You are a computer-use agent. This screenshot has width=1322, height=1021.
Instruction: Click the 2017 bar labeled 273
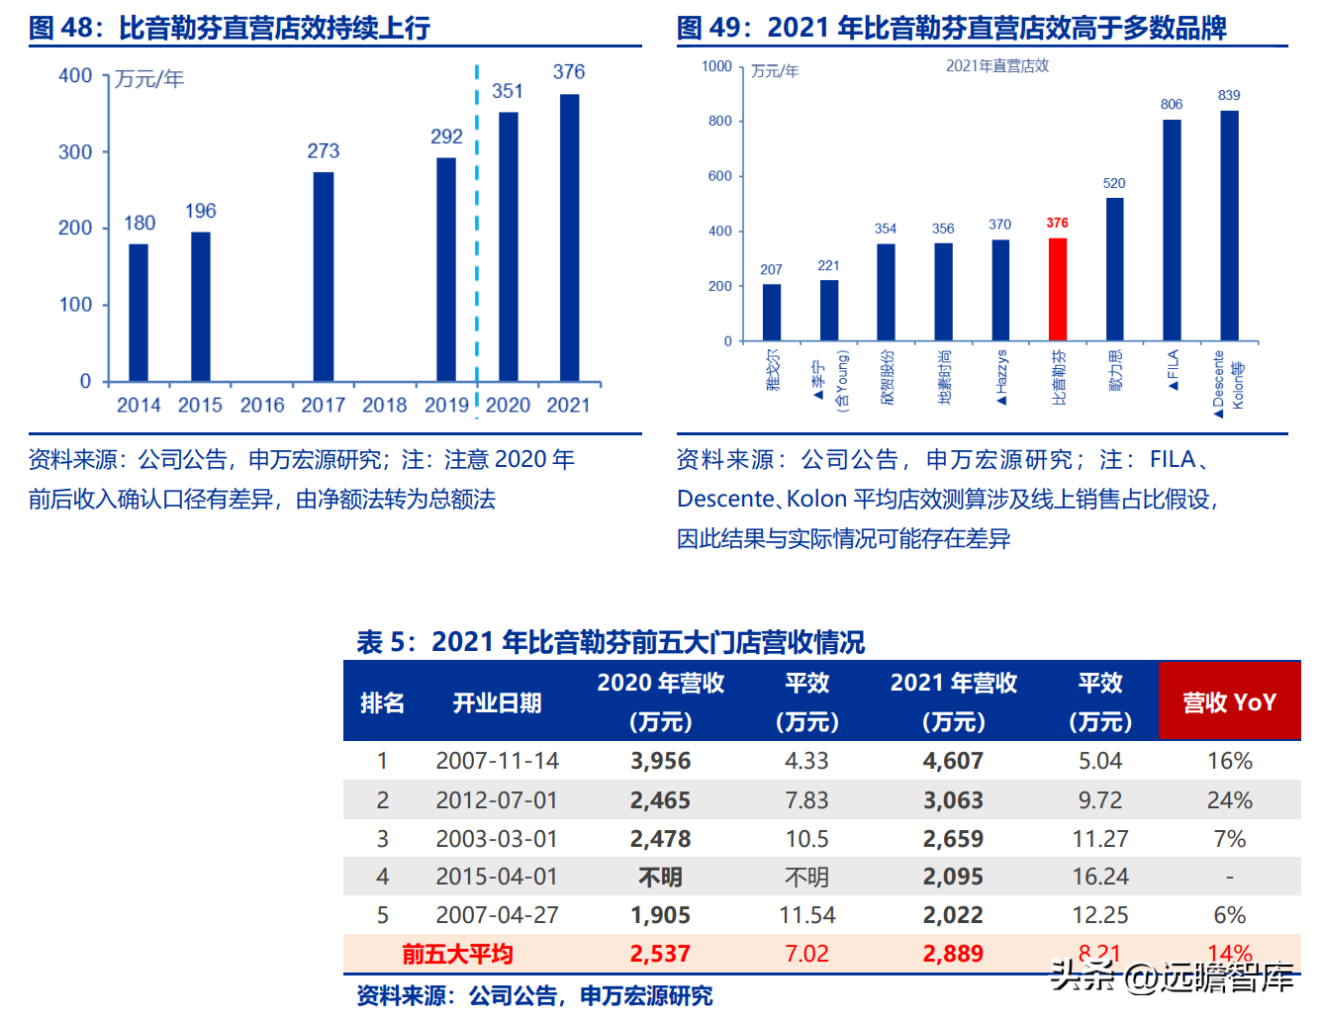[x=324, y=277]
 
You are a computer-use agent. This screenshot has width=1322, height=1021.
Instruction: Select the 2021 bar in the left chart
[x=569, y=237]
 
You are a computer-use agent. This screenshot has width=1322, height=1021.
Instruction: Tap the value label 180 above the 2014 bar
[x=140, y=223]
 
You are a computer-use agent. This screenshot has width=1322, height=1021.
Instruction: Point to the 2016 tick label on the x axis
[x=262, y=405]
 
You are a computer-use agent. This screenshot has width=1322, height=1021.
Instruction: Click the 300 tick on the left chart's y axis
[x=75, y=152]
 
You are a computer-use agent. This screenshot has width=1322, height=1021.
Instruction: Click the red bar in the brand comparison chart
[x=1058, y=289]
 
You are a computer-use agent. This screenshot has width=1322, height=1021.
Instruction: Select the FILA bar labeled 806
[x=1172, y=230]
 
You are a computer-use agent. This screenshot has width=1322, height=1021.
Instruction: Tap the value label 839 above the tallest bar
[x=1229, y=95]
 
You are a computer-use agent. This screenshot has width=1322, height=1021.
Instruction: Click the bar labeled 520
[x=1114, y=269]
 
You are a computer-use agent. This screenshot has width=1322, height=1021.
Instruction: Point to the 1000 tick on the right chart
[x=716, y=66]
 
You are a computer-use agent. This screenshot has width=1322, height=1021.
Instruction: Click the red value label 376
[x=1058, y=223]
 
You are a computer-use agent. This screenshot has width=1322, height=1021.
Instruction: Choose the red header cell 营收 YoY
[x=1229, y=702]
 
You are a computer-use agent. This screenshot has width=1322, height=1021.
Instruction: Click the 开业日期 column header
[x=497, y=702]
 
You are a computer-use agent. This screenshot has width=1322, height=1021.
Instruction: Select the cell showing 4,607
[x=953, y=761]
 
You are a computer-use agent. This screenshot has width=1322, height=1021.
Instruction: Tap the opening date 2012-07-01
[x=497, y=799]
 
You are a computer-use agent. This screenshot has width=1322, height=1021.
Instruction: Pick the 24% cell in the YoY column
[x=1229, y=799]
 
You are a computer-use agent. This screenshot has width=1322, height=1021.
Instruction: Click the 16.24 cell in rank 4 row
[x=1100, y=877]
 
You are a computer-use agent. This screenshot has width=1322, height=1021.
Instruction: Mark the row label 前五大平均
[x=457, y=954]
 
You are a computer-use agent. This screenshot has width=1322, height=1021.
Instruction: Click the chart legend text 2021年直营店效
[x=997, y=65]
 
